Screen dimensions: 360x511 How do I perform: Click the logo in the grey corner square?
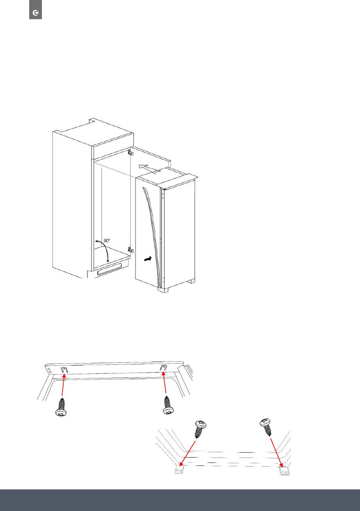[36, 13]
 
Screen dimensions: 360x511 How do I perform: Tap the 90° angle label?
[107, 240]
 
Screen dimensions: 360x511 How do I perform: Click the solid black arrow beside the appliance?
[148, 259]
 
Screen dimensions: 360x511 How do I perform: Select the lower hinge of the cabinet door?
[130, 250]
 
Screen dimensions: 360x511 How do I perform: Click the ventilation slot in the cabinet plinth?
[110, 269]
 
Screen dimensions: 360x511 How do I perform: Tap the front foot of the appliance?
[163, 290]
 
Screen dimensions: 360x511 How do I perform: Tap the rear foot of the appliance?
[191, 281]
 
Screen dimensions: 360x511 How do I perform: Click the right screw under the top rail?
[169, 405]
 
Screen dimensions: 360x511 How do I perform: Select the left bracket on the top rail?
[65, 370]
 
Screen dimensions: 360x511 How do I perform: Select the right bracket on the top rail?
[163, 368]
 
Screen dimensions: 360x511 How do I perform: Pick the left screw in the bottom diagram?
[200, 429]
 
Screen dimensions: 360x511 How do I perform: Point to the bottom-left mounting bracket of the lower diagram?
[179, 470]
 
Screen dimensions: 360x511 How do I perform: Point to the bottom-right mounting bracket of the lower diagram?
[284, 471]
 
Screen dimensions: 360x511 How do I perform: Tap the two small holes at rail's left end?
[49, 371]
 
